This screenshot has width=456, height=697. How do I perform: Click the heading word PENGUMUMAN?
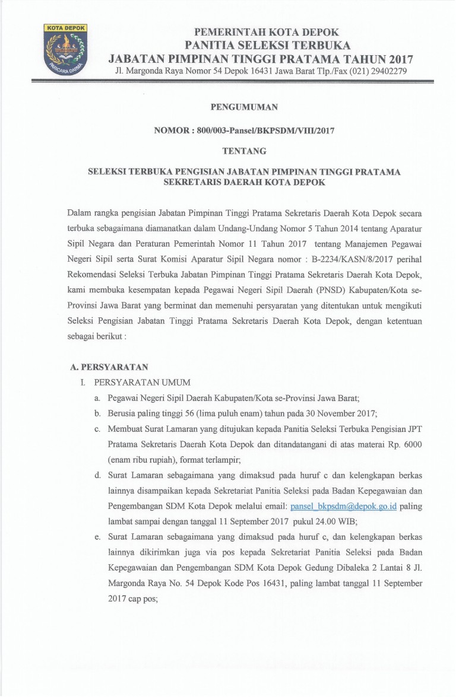244,107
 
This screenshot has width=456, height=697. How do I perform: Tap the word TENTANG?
244,151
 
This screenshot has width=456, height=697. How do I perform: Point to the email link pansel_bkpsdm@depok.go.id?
344,507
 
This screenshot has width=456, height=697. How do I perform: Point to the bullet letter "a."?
97,398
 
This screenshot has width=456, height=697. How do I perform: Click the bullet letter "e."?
97,537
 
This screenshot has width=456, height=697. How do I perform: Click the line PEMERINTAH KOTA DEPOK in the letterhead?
267,33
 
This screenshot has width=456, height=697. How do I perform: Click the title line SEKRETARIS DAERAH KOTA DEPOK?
244,182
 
